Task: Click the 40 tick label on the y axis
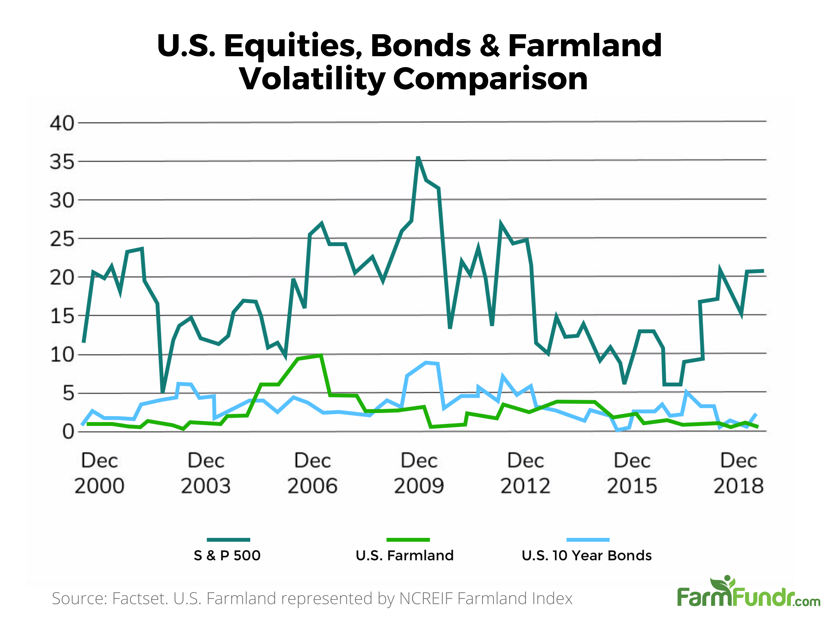click(x=62, y=123)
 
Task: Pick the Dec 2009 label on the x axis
click(x=419, y=473)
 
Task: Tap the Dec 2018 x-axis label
click(x=738, y=473)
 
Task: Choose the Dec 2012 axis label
click(x=525, y=473)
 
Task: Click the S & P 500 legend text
click(x=227, y=555)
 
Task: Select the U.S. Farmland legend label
click(x=405, y=555)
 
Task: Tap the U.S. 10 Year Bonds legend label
click(x=587, y=555)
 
